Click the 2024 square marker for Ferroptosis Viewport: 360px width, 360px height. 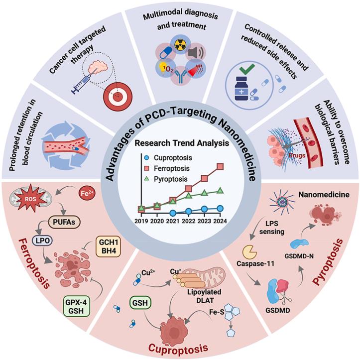[220, 166]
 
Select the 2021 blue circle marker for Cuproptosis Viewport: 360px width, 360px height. [173, 213]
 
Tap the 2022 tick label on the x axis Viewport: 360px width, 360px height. [189, 221]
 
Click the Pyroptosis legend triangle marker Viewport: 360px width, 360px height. [146, 179]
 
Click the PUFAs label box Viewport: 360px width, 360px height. [64, 222]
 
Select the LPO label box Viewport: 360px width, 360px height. [42, 240]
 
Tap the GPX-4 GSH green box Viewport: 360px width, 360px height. [76, 306]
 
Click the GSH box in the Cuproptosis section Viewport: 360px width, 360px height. [140, 303]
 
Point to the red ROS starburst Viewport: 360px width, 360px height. [30, 198]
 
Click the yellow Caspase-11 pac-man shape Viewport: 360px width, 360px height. [250, 252]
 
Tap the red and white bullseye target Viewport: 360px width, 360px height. [118, 95]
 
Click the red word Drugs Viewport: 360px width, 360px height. [297, 155]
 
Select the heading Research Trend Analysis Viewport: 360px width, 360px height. [182, 143]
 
